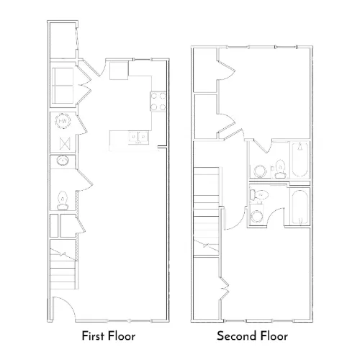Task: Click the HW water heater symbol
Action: tap(63, 121)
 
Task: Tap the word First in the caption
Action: tap(92, 336)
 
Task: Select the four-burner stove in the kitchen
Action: tap(158, 102)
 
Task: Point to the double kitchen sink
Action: tap(138, 138)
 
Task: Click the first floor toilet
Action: tap(63, 201)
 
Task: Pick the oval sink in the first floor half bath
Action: tap(63, 161)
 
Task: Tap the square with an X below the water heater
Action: tap(65, 143)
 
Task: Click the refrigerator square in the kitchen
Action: tap(119, 71)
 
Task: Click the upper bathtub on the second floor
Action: tap(300, 160)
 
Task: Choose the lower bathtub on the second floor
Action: tap(300, 207)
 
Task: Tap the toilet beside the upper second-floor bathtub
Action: tap(280, 169)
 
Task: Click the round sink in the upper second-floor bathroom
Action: tap(260, 171)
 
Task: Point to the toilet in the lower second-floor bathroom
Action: tap(259, 195)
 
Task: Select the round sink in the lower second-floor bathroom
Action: tap(256, 216)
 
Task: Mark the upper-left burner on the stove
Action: tap(154, 96)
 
